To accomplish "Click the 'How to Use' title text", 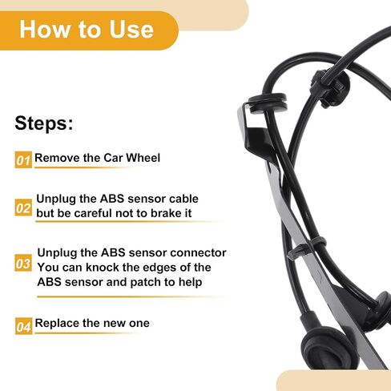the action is pyautogui.click(x=87, y=30).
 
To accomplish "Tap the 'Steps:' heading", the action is pyautogui.click(x=44, y=123).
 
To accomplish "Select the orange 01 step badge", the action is pyautogui.click(x=23, y=159).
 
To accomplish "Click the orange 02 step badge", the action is pyautogui.click(x=23, y=208).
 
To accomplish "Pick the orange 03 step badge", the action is pyautogui.click(x=23, y=263).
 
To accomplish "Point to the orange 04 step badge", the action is pyautogui.click(x=23, y=326).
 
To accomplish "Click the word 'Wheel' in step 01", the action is pyautogui.click(x=143, y=158).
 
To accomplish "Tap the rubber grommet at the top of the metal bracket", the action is pyautogui.click(x=268, y=103).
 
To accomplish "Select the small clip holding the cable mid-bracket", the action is pyautogui.click(x=307, y=247).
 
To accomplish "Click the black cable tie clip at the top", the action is pyautogui.click(x=331, y=87).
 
